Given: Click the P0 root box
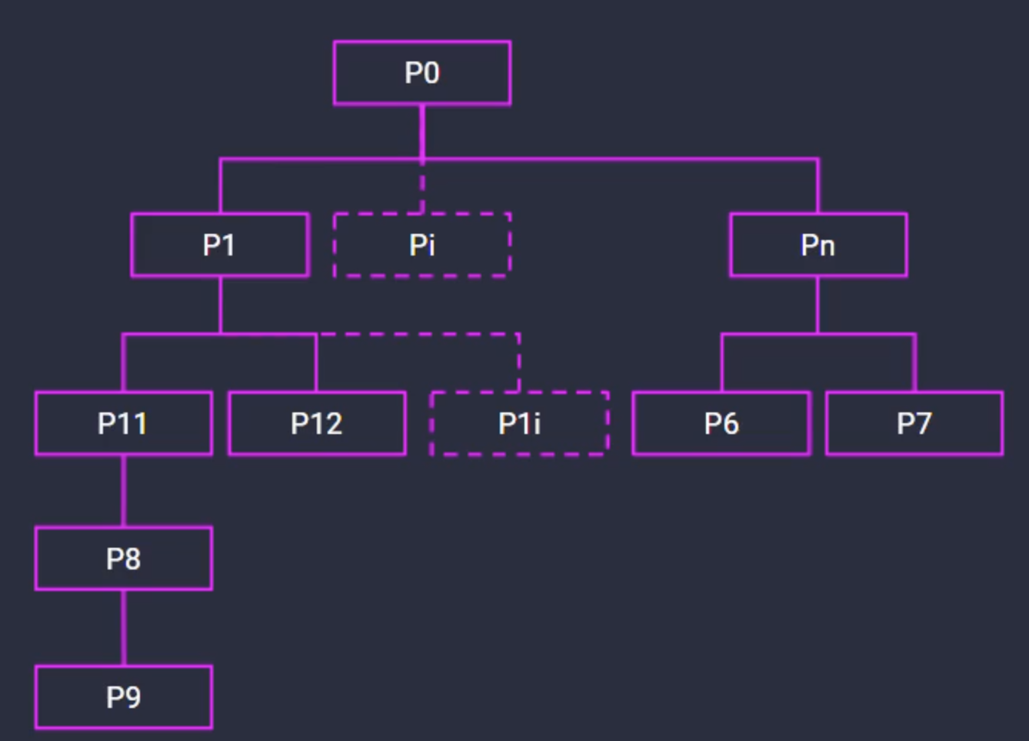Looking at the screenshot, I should tap(421, 73).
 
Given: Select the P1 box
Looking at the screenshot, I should tap(220, 245).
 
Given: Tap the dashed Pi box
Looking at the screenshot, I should tap(421, 245).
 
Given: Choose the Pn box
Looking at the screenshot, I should tap(818, 245).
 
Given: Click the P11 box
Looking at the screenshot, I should tap(123, 423).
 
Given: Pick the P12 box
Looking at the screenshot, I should tap(317, 423).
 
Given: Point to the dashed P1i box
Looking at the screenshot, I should tap(519, 423).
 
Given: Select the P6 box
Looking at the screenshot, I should tap(721, 423).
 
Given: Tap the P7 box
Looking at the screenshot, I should tap(914, 423).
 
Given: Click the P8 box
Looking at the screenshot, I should tap(123, 559).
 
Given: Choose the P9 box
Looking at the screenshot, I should tap(123, 697).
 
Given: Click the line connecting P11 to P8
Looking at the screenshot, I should tap(123, 491).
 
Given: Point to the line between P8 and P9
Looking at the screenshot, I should tap(123, 628).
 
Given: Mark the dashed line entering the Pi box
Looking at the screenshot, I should tap(422, 189).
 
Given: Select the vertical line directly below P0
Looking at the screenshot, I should tap(422, 131).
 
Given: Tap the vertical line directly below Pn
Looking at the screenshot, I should tap(818, 304).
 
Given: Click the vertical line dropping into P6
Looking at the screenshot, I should tap(721, 363).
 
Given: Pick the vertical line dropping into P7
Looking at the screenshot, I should tap(914, 363).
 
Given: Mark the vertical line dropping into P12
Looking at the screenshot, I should tap(316, 363).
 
